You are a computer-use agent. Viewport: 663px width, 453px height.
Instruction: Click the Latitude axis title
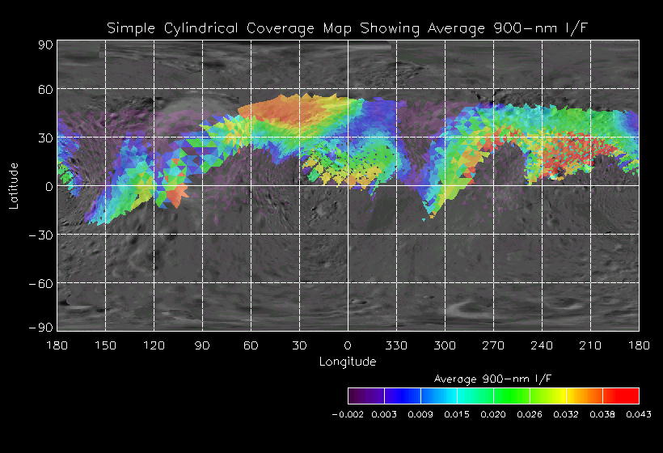pos(14,186)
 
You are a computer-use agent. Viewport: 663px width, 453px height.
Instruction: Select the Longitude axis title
pos(348,362)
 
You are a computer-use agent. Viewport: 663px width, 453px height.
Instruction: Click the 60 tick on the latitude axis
pos(44,89)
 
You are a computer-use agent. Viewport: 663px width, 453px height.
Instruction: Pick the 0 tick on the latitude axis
pos(49,186)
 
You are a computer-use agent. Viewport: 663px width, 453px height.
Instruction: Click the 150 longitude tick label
pos(105,345)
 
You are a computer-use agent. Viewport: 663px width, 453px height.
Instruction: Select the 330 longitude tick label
pos(396,345)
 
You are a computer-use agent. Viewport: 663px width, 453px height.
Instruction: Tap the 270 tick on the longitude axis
pos(493,345)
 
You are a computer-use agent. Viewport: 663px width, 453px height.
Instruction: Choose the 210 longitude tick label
pos(590,345)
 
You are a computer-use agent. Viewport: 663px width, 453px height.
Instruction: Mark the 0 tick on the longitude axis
pos(348,345)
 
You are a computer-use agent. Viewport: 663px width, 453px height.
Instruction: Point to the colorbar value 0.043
pos(639,414)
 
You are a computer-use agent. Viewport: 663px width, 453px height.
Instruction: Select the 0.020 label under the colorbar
pos(493,414)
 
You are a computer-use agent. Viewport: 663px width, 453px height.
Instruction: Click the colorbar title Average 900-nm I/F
pos(493,379)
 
